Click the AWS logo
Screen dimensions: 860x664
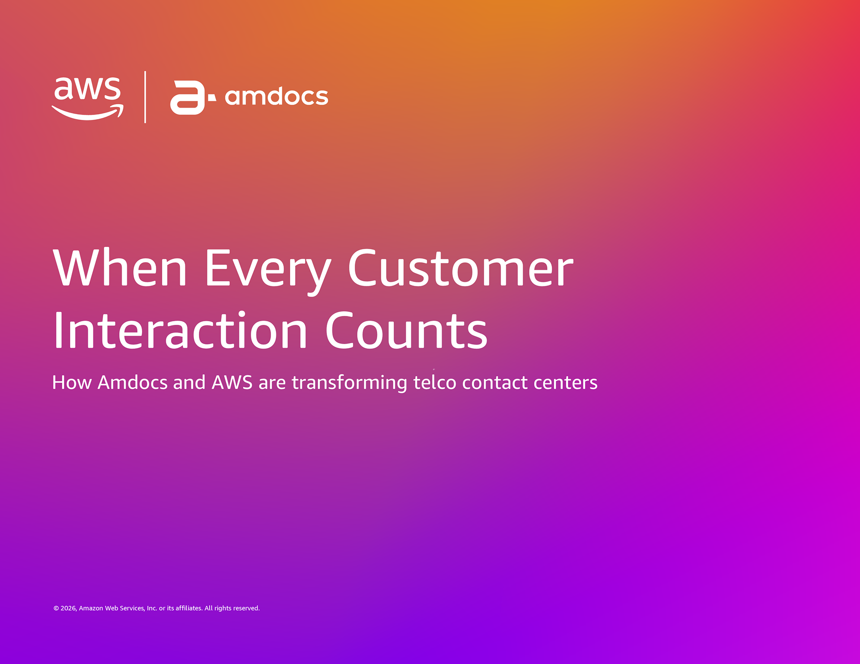tap(87, 98)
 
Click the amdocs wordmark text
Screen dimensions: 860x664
tap(276, 97)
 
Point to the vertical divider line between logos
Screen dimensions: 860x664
tap(145, 97)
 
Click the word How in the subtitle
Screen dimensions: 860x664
tap(72, 383)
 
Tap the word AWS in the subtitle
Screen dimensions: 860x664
tap(232, 383)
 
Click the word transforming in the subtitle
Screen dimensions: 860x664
tap(349, 383)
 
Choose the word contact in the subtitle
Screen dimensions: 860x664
tap(495, 383)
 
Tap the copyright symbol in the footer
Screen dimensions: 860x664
tap(56, 609)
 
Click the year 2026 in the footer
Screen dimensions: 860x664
tap(69, 609)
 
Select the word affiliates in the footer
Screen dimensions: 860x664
tap(189, 608)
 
